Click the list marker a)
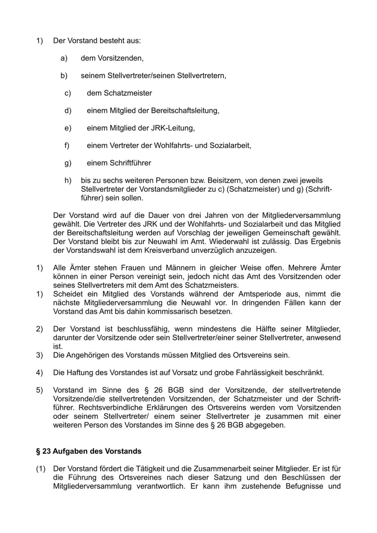[x=64, y=58]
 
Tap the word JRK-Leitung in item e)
[x=173, y=128]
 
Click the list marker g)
[x=68, y=163]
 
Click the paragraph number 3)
[x=39, y=355]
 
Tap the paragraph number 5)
[x=39, y=390]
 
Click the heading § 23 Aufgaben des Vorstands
[x=88, y=451]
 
